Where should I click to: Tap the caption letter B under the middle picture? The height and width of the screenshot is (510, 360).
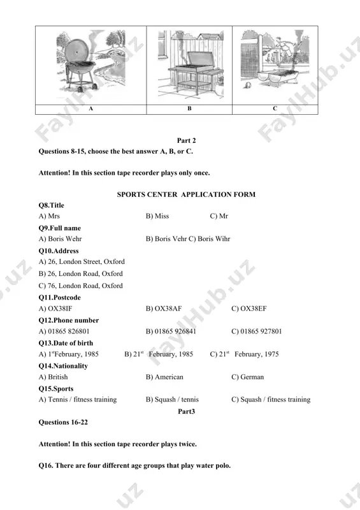pos(189,108)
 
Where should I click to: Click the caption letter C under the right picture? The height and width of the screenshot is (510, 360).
pos(275,108)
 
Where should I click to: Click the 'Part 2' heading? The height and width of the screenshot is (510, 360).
pos(186,140)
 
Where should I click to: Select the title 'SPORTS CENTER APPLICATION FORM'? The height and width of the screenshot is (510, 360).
pos(186,194)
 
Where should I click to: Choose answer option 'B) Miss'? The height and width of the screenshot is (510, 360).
pos(157,216)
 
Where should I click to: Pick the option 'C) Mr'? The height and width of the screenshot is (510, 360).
pos(219,216)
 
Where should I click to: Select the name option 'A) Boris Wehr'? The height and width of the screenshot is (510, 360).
pos(60,239)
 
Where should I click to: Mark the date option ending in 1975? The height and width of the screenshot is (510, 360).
pos(244,354)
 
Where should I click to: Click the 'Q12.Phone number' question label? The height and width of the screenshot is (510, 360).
pos(69,321)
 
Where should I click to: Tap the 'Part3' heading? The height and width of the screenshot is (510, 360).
pos(186,411)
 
